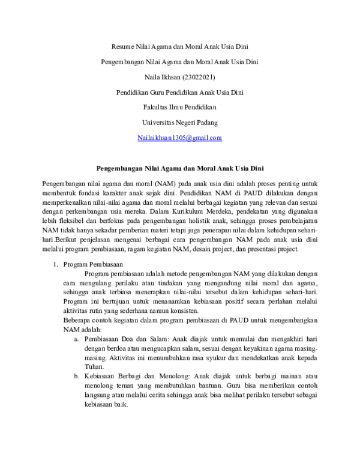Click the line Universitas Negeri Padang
pyautogui.click(x=180, y=122)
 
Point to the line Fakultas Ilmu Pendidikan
pyautogui.click(x=180, y=107)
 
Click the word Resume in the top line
pyautogui.click(x=124, y=46)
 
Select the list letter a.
pyautogui.click(x=77, y=339)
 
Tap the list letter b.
pyautogui.click(x=77, y=376)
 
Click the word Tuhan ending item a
pyautogui.click(x=94, y=367)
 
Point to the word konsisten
pyautogui.click(x=177, y=311)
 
